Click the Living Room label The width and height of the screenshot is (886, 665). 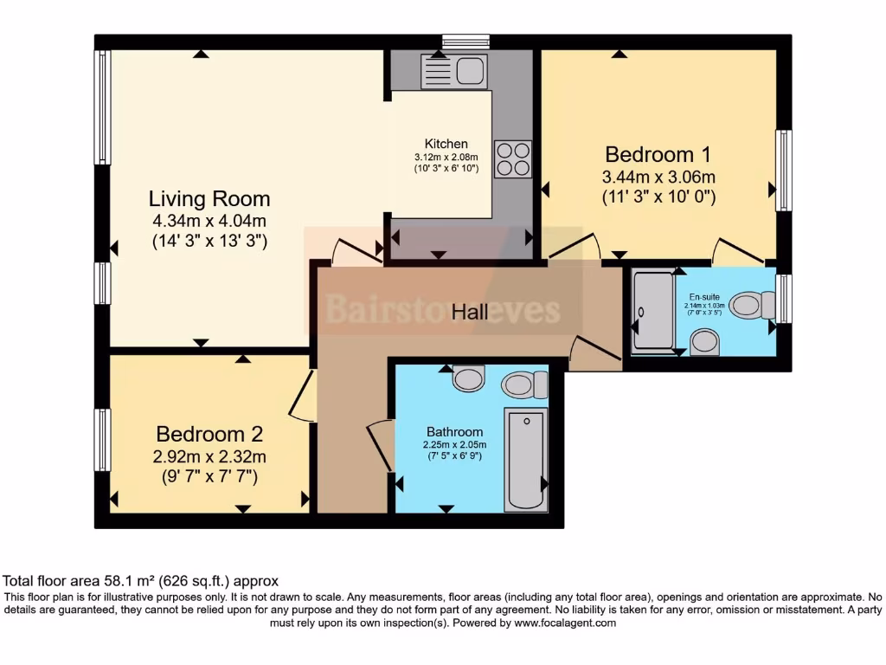[209, 198]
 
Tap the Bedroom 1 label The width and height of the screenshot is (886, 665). [658, 154]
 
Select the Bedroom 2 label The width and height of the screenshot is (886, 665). [209, 433]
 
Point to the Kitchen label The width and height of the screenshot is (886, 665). [446, 144]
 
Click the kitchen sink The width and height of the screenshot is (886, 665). [454, 70]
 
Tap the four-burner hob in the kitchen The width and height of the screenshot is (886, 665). [512, 159]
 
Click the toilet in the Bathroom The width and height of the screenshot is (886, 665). [524, 384]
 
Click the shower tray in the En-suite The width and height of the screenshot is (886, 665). [652, 312]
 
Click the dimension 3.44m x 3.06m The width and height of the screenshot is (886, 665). [658, 177]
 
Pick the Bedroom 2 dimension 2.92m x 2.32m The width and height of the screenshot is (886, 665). [209, 455]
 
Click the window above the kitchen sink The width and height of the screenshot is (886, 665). [465, 41]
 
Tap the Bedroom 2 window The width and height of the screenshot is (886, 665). [102, 440]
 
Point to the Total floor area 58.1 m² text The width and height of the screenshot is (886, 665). [141, 581]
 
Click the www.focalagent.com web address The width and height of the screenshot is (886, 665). [564, 623]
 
